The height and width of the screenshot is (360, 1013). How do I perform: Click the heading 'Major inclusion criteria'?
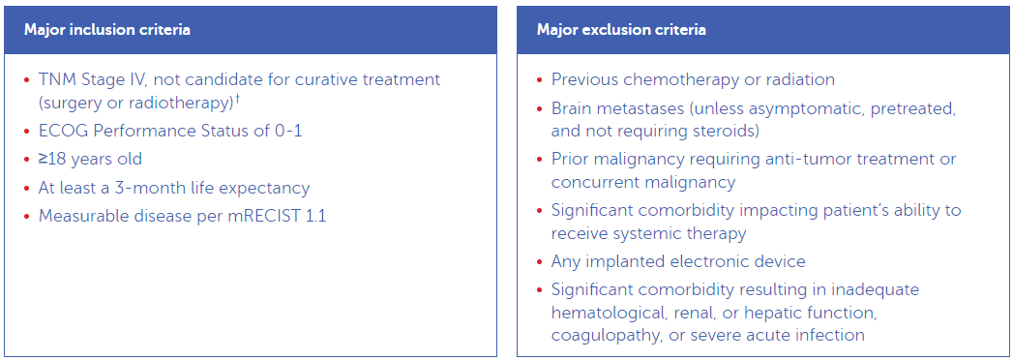pos(106,30)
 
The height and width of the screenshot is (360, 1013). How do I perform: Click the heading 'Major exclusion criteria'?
pos(621,30)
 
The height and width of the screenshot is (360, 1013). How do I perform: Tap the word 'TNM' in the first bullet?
pos(56,79)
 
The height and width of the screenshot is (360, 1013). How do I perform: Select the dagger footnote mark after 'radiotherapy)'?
pos(238,99)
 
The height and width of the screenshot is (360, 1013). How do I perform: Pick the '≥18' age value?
pos(54,159)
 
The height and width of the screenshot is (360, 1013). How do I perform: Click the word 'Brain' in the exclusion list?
pos(573,108)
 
